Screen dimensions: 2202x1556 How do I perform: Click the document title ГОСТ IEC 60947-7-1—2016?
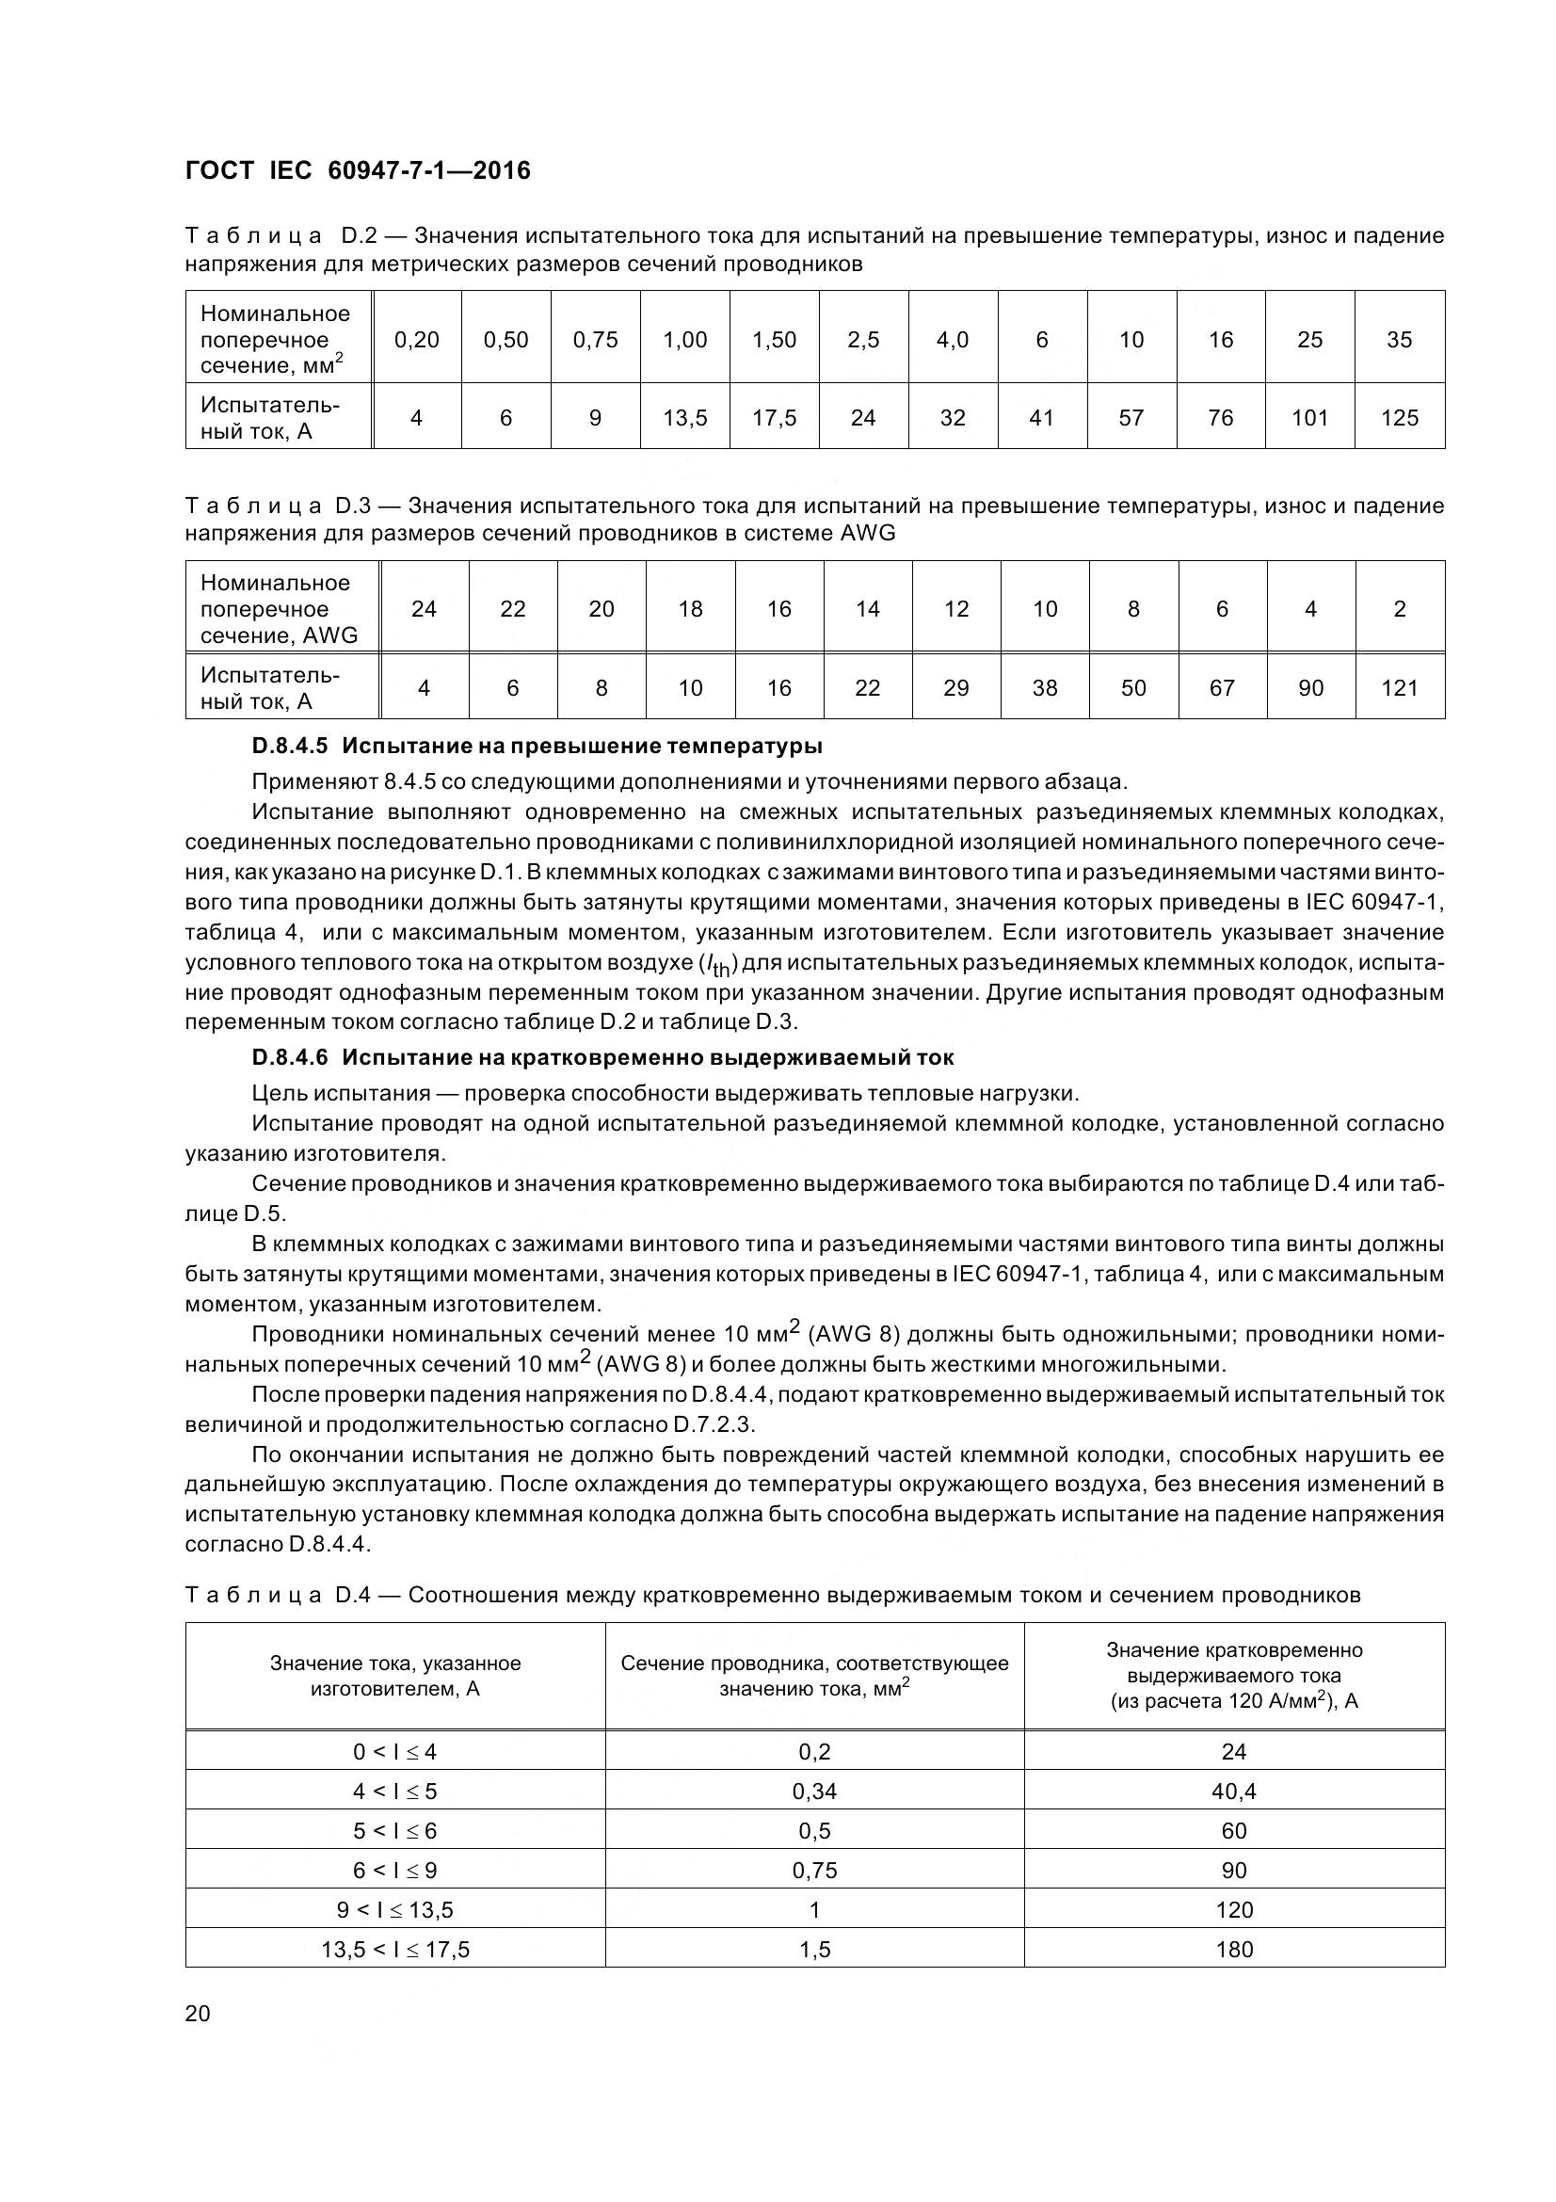[358, 170]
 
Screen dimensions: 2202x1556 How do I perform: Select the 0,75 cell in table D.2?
[594, 340]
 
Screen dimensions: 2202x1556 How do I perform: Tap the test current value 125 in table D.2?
[1399, 418]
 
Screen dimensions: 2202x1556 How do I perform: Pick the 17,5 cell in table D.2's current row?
[774, 418]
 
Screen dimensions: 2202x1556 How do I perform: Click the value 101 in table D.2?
[1309, 418]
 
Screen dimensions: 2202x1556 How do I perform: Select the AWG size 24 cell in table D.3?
[424, 609]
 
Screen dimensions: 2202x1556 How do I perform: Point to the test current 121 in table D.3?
[1399, 687]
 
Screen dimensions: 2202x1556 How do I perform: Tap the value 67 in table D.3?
[1222, 687]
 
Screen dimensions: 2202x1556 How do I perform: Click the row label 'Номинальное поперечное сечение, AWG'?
[278, 609]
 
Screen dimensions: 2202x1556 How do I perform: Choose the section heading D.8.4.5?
[537, 746]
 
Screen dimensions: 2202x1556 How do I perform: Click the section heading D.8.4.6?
[603, 1057]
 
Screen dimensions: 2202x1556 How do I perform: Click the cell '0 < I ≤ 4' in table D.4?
[395, 1752]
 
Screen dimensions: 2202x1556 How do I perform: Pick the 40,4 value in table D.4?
[1234, 1792]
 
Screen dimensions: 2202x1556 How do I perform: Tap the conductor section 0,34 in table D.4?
[814, 1792]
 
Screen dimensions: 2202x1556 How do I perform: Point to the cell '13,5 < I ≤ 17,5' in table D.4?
[395, 1949]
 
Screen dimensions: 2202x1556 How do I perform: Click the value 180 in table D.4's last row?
[1234, 1949]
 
